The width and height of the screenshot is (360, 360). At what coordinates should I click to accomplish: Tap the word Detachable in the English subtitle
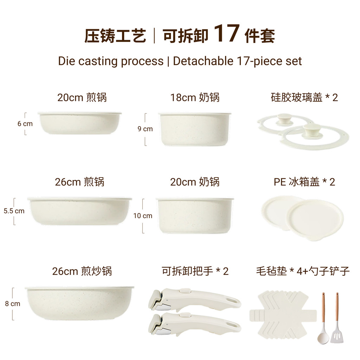pos(203,61)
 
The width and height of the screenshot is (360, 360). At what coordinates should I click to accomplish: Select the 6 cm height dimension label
pos(25,124)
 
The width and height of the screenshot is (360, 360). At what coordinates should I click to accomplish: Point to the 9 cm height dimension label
pos(145,129)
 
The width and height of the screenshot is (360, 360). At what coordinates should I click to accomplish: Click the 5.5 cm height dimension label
pos(14,211)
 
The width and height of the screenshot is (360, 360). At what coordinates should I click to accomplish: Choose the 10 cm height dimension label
pos(143,216)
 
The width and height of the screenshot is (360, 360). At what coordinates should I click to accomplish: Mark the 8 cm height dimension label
pos(13,304)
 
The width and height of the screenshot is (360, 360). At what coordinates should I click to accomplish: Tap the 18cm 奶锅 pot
pos(195,129)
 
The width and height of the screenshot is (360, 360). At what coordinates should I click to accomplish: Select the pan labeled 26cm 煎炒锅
pos(79,303)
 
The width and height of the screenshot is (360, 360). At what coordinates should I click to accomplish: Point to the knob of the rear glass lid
pos(284,120)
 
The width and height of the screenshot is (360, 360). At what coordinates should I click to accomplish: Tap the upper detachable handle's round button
pos(185,291)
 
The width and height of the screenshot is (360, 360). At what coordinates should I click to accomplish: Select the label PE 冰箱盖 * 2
pos(304,182)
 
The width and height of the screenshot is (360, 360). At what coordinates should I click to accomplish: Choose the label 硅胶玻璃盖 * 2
pos(304,98)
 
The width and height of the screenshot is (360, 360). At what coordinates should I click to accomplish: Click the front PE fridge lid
pos(315,220)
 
